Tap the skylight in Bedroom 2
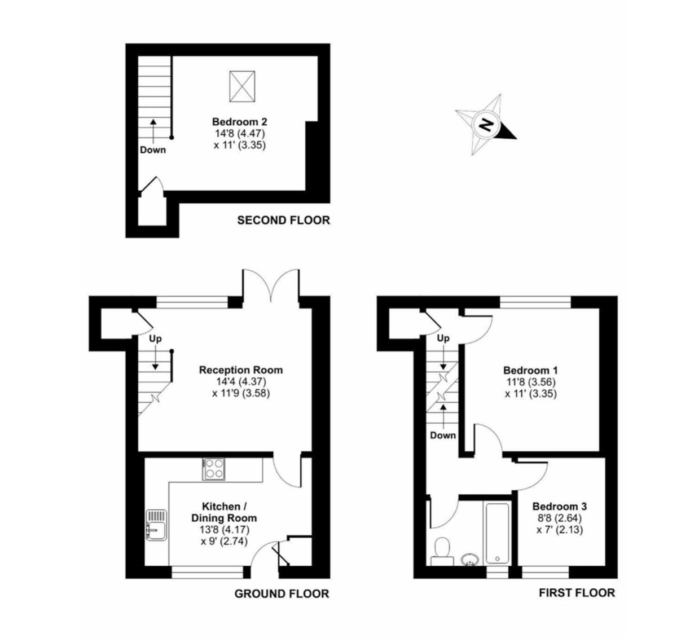click(x=242, y=86)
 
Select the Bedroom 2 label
click(x=240, y=122)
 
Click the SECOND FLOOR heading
click(x=284, y=221)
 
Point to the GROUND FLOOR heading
click(x=282, y=593)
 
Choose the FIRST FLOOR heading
click(x=577, y=593)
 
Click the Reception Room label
click(x=241, y=370)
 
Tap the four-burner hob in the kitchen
click(x=214, y=469)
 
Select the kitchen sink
click(x=156, y=525)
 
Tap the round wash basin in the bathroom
click(x=470, y=559)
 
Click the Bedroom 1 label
click(x=531, y=370)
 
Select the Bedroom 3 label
click(x=560, y=507)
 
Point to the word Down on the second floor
click(x=153, y=150)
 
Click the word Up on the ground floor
click(x=155, y=339)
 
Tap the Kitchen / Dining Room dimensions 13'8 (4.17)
click(x=225, y=530)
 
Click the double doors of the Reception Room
click(x=271, y=286)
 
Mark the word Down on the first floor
click(x=443, y=435)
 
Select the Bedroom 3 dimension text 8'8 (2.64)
click(x=560, y=518)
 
